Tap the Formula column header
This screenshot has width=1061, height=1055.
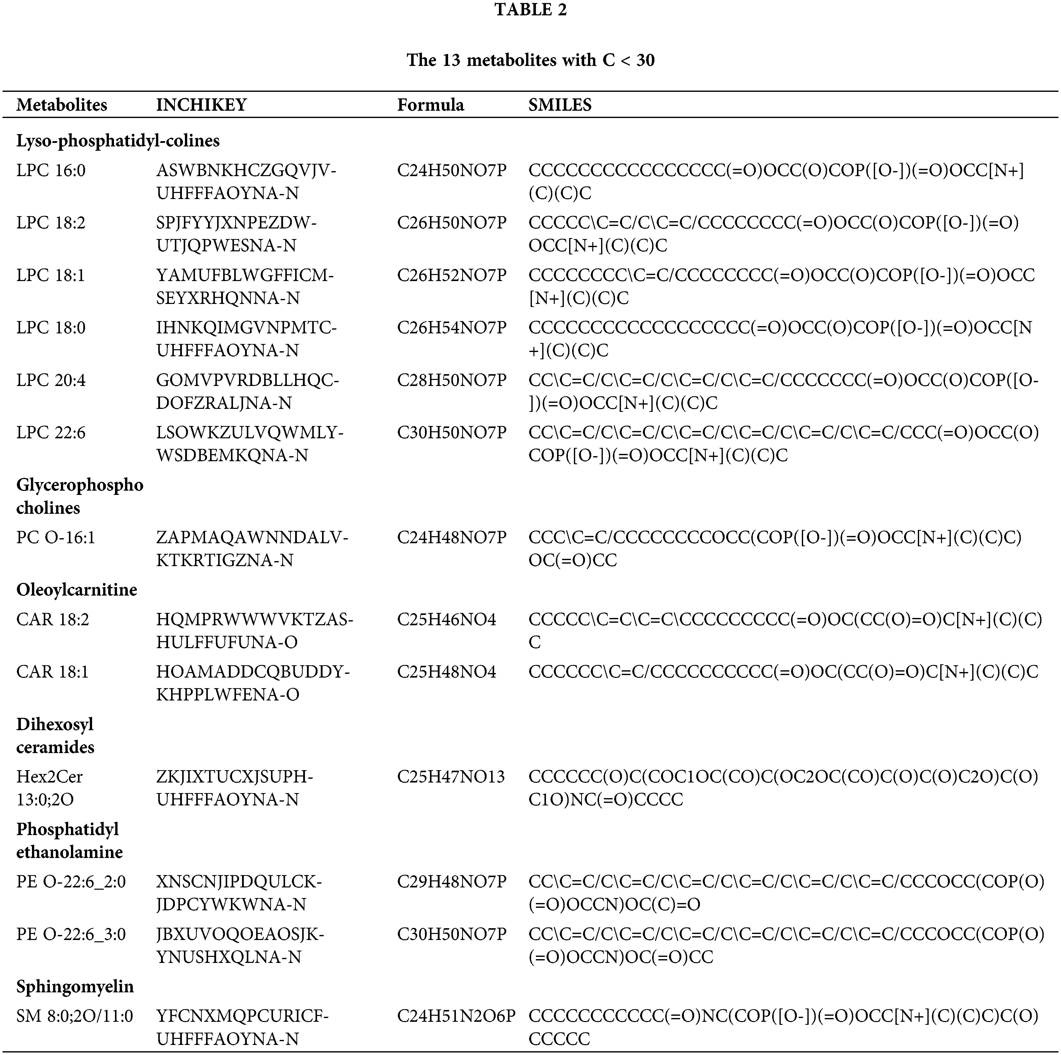coord(430,105)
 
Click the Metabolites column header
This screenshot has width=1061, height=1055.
coord(61,105)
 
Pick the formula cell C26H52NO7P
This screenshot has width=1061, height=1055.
coord(451,275)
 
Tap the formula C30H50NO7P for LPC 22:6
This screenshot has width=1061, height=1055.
coord(451,433)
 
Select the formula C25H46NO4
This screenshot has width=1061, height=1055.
coord(446,619)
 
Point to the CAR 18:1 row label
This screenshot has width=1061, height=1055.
coord(52,672)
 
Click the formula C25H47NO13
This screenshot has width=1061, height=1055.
coord(450,776)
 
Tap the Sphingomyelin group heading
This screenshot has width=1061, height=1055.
coord(75,986)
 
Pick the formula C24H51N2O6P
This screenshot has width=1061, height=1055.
coord(456,1016)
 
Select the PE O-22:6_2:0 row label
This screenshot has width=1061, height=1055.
coord(71,881)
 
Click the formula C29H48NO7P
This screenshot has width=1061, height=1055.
coord(451,881)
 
